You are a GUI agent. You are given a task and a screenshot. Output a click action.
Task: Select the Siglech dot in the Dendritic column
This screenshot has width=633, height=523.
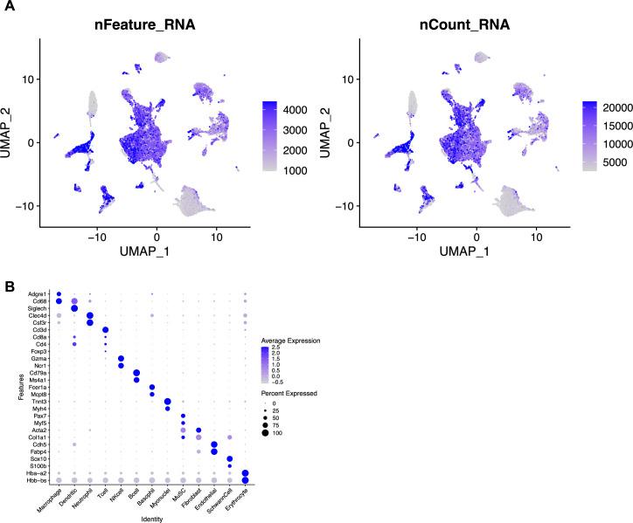point(74,308)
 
